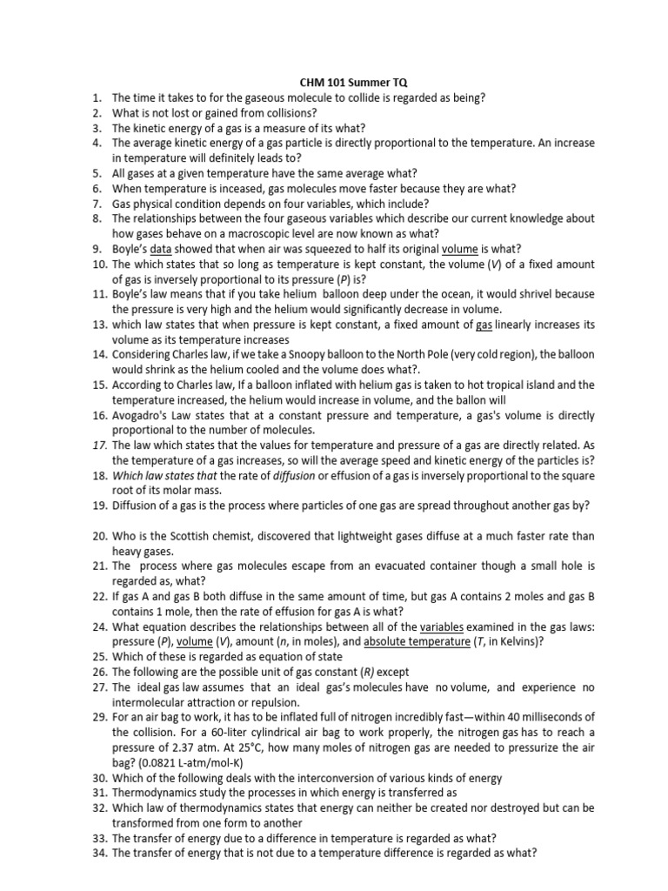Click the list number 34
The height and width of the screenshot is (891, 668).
click(x=97, y=854)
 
